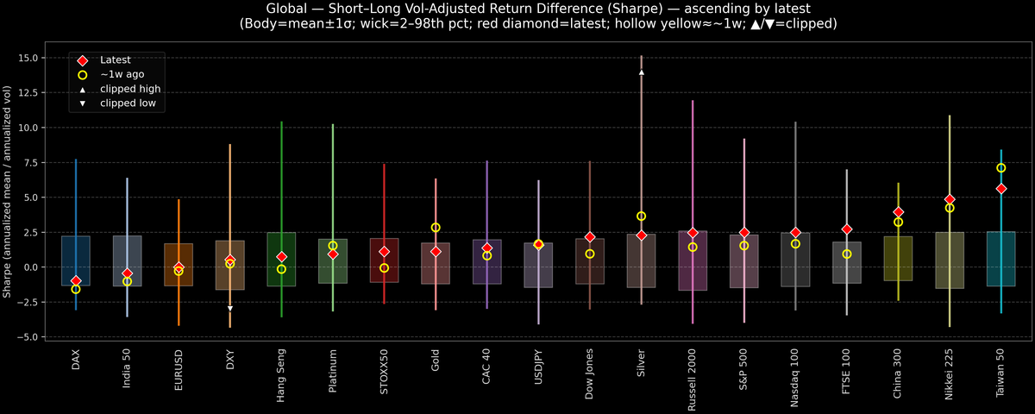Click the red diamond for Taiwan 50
[x=1000, y=188]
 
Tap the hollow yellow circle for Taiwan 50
[x=1000, y=168]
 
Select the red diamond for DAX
[x=76, y=281]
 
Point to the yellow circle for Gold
[x=436, y=228]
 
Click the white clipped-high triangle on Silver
[x=641, y=72]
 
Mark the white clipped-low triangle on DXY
[x=229, y=308]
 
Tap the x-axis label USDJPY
[x=538, y=370]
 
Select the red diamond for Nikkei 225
[x=950, y=199]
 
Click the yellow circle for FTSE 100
[x=847, y=254]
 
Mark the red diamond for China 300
[x=898, y=212]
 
